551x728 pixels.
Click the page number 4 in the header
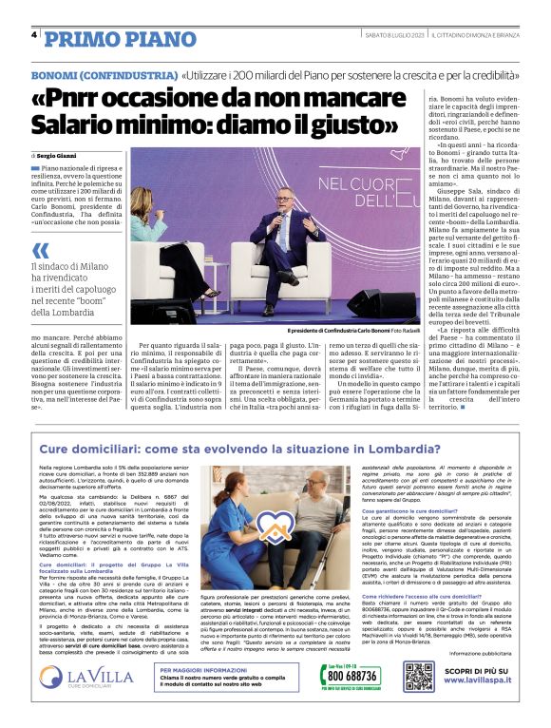[34, 36]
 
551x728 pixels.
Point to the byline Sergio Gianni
[61, 154]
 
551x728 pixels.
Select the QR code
[418, 677]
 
